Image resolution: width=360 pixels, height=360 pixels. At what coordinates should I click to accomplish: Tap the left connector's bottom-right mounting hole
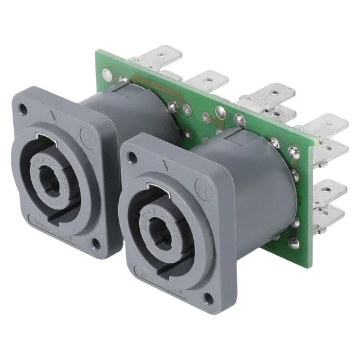click(96, 243)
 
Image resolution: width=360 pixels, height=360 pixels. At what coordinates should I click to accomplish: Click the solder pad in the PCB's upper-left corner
click(107, 75)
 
